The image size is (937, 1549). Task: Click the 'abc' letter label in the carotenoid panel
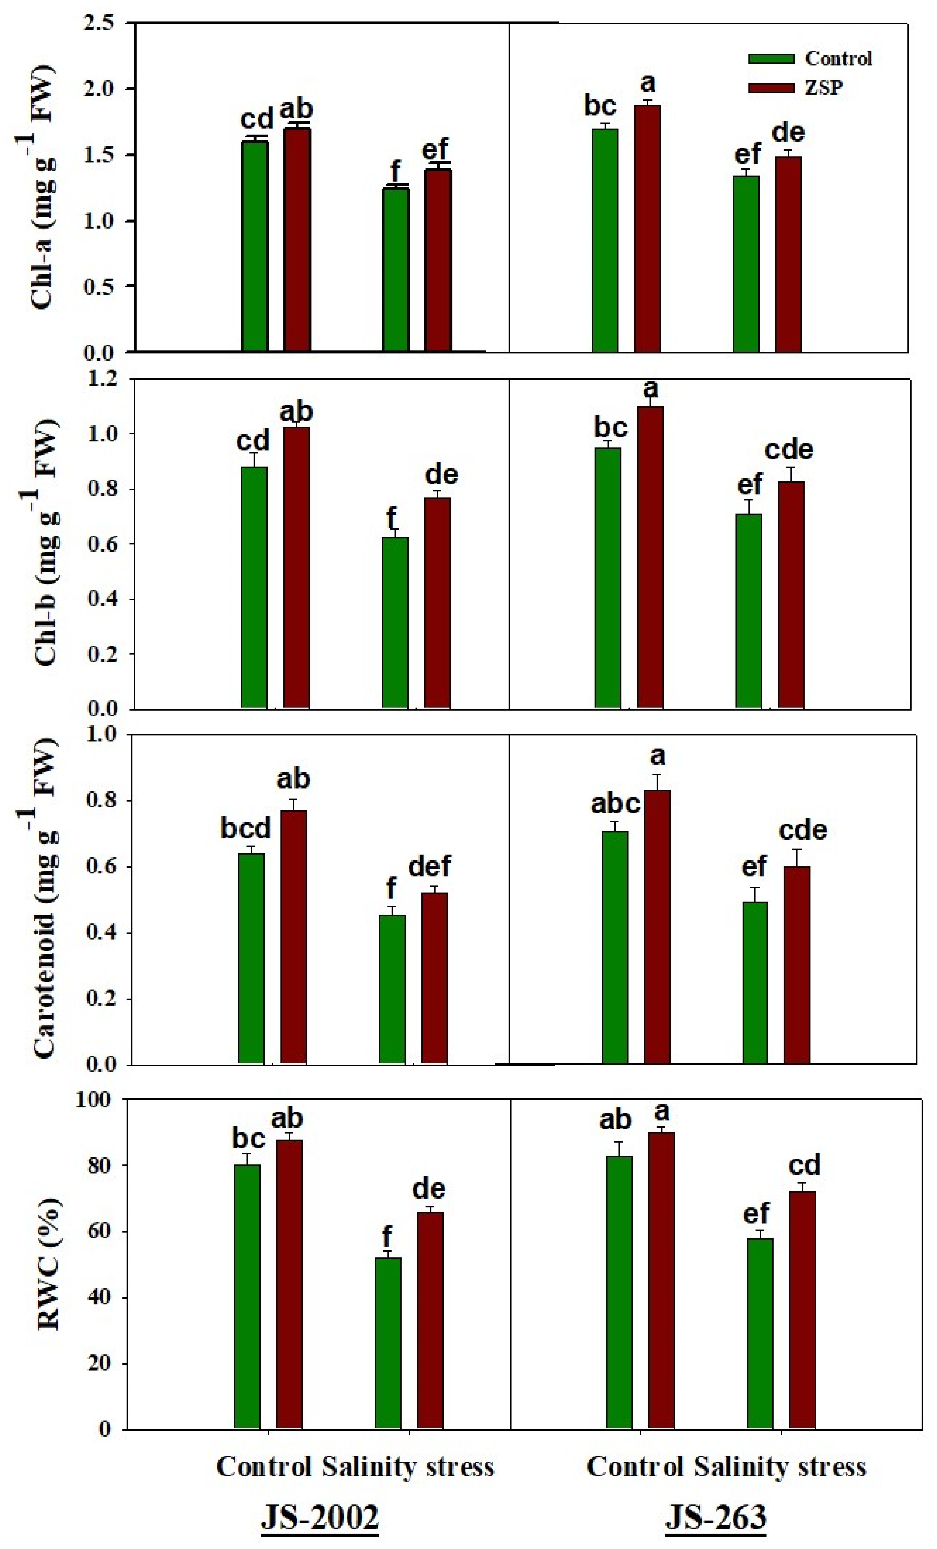tap(615, 804)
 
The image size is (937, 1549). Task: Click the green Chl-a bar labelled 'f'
tap(396, 271)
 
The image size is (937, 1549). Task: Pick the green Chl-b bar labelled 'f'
tap(395, 622)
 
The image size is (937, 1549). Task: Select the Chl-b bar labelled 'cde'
tap(790, 594)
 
